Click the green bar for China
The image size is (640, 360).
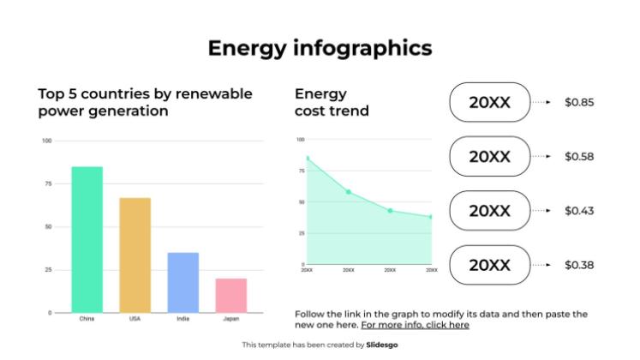(87, 240)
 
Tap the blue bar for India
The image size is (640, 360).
(182, 283)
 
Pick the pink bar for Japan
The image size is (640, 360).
(230, 296)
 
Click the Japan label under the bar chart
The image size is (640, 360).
(230, 320)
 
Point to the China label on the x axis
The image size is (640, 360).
(87, 320)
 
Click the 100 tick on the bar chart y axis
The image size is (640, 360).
(46, 141)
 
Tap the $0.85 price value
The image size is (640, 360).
(578, 103)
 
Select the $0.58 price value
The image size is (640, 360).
(578, 157)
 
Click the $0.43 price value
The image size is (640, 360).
(578, 211)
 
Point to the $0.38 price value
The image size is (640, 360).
(578, 265)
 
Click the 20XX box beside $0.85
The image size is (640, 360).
(489, 103)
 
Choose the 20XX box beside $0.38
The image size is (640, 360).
(489, 265)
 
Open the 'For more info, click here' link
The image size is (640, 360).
(415, 326)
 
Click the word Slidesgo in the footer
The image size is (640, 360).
(381, 345)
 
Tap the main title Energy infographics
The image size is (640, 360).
(320, 48)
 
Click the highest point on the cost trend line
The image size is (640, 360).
(307, 158)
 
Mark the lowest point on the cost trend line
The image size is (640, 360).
(431, 217)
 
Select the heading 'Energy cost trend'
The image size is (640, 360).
(332, 102)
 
